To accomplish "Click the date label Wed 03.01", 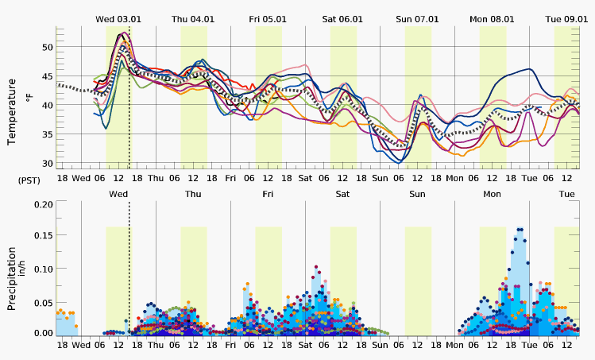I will tap(118, 19).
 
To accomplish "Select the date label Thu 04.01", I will tap(193, 19).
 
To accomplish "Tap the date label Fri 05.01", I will tap(268, 19).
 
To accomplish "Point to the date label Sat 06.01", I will tap(342, 19).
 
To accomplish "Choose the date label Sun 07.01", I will tap(417, 19).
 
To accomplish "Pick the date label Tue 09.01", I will tap(566, 19).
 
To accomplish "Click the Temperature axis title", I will tap(12, 111).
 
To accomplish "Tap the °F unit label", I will tap(29, 98).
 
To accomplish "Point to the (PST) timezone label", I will tap(29, 180).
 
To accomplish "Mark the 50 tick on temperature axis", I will tap(47, 48).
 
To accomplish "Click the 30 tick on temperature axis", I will tap(47, 164).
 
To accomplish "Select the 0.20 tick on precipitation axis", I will tap(44, 204).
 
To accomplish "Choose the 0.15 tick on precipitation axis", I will tap(44, 236).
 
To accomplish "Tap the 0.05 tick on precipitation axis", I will tap(44, 301).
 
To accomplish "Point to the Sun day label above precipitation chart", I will tap(417, 194).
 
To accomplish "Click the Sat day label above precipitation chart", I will tap(342, 194).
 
